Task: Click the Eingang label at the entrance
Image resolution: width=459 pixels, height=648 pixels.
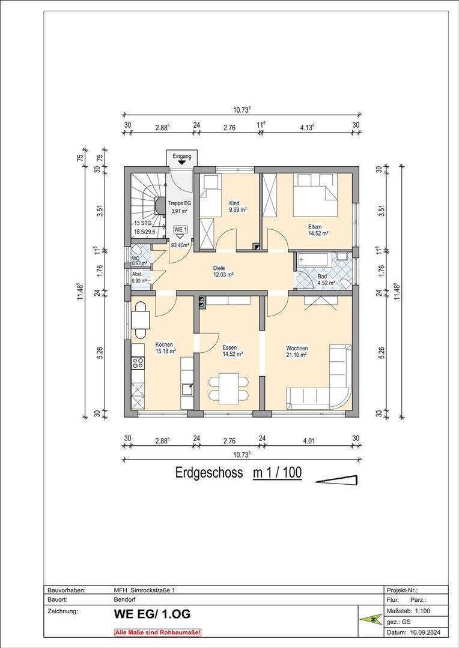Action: [x=181, y=157]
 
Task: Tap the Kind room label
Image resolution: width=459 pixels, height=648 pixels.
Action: [x=234, y=203]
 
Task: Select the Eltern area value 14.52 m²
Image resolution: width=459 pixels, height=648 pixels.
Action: [x=318, y=233]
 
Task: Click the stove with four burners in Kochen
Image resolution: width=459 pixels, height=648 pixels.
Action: [x=138, y=363]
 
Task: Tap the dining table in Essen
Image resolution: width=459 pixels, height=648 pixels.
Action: [x=229, y=388]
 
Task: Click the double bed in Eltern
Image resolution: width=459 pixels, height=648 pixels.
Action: [x=315, y=194]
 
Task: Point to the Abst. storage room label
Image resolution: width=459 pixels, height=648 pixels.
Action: [x=137, y=274]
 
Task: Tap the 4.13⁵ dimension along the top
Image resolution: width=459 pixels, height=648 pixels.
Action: [x=308, y=127]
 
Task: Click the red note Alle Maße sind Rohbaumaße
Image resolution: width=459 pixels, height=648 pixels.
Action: [x=157, y=632]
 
